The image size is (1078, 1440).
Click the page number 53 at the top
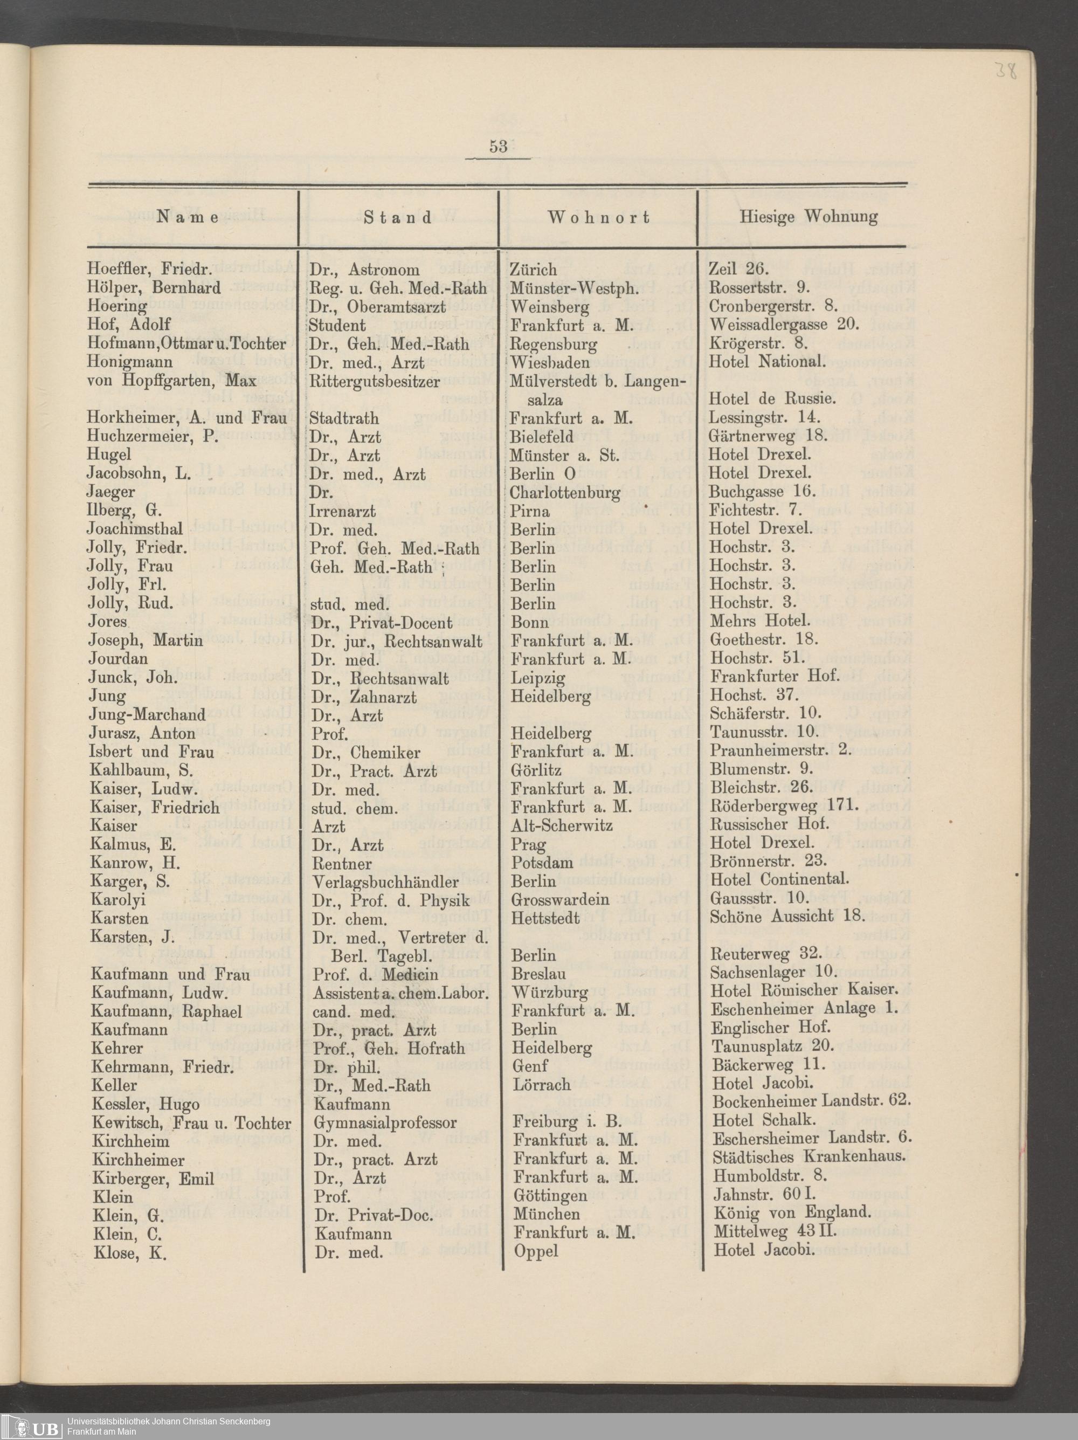tap(498, 147)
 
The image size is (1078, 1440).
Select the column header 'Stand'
tap(398, 217)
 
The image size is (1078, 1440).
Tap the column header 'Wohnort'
tap(598, 217)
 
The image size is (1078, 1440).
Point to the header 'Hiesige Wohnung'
tap(808, 216)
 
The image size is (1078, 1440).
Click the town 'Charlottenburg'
tap(565, 492)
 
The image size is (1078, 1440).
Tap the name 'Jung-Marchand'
tap(147, 715)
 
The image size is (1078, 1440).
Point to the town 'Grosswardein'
tap(561, 900)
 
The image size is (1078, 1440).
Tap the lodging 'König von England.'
tap(792, 1214)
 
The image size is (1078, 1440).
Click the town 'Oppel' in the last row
tap(536, 1251)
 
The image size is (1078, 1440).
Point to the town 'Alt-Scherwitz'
tap(562, 826)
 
